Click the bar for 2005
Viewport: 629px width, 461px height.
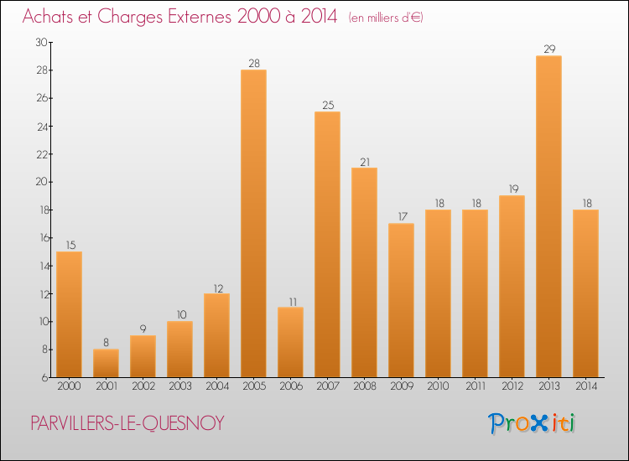point(253,223)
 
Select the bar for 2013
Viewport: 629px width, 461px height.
point(548,216)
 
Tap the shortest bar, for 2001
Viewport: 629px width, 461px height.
point(106,363)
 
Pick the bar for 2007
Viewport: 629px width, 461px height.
point(327,244)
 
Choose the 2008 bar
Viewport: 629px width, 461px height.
point(364,272)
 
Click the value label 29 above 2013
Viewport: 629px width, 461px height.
point(548,49)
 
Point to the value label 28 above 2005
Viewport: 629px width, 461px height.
point(253,64)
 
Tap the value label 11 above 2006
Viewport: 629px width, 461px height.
point(290,301)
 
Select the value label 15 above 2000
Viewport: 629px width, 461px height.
point(69,245)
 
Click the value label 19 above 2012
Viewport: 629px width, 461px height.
point(512,189)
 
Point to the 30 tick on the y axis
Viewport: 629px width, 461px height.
point(41,42)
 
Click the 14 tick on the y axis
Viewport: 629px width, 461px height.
point(41,266)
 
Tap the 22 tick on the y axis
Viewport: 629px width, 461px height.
point(41,154)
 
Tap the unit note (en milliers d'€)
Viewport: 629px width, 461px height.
point(386,18)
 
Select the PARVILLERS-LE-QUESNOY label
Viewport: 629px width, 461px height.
point(127,423)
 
